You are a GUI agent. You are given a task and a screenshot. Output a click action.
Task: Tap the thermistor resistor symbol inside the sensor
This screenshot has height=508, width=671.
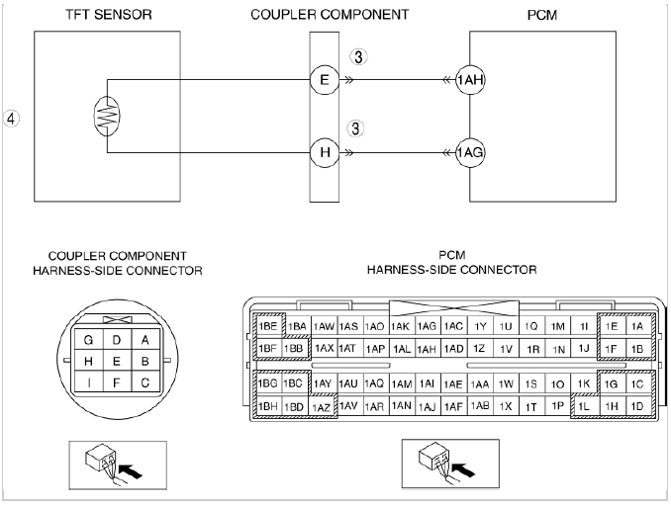pos(108,117)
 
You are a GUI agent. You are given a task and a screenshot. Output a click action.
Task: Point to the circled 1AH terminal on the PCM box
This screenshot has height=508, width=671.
pos(470,79)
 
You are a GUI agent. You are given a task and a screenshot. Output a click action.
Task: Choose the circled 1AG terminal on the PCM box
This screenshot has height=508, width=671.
pos(470,152)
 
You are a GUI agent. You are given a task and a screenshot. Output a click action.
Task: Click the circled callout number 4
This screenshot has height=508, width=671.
pos(12,118)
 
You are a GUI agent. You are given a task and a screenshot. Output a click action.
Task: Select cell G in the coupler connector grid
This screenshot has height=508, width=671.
pos(89,340)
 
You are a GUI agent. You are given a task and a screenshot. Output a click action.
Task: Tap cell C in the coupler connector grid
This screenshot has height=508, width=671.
pos(144,381)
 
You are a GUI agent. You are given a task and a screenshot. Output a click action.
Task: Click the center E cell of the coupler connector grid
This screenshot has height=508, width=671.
pos(117,361)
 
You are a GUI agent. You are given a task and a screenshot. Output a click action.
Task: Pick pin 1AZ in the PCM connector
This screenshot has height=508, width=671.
pos(322,406)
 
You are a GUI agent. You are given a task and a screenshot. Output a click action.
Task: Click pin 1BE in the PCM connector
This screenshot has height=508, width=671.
pos(268,326)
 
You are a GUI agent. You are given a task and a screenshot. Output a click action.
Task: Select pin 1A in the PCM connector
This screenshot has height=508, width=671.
pos(636,326)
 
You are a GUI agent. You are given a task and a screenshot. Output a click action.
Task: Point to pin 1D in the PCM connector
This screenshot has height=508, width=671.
pos(636,406)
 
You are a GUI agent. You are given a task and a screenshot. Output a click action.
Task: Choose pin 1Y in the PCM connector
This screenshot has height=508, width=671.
pos(479,326)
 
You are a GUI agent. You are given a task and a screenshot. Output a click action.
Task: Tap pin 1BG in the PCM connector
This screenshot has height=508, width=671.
pos(268,383)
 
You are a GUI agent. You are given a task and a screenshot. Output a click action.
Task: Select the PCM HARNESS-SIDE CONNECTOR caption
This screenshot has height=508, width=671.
pos(451,262)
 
